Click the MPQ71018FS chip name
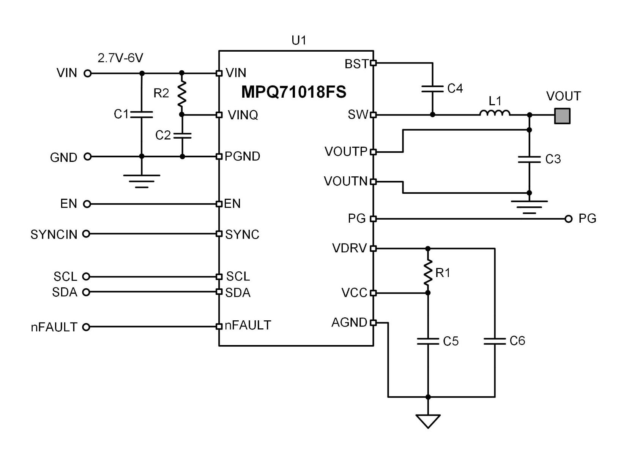(x=293, y=92)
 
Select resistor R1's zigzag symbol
(x=428, y=272)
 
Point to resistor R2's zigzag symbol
(x=182, y=93)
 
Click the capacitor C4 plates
(x=432, y=89)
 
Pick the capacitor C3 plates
(x=529, y=159)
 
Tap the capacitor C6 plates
(x=495, y=341)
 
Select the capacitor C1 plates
(x=142, y=114)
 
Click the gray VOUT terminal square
(x=562, y=116)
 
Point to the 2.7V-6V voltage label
(x=120, y=58)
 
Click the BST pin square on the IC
(x=373, y=63)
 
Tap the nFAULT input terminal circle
(x=86, y=327)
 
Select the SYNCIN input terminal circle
(x=86, y=234)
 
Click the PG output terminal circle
(x=568, y=219)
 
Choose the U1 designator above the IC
(x=299, y=40)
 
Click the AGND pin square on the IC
(x=373, y=323)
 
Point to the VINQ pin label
(x=243, y=115)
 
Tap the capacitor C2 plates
(x=182, y=135)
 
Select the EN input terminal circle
(x=87, y=204)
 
